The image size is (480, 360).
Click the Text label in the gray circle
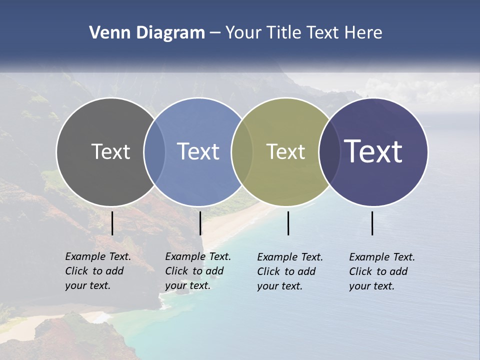[x=110, y=151]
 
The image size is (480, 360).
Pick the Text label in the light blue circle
[x=198, y=151]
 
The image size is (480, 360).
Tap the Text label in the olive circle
[x=285, y=151]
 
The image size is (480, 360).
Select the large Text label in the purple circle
[x=373, y=151]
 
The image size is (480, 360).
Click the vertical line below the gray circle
[x=112, y=223]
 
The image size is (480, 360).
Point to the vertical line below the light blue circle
[x=200, y=223]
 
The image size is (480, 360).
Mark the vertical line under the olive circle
[x=288, y=223]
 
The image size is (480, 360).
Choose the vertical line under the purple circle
[x=372, y=223]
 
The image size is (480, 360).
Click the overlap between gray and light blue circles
[x=154, y=151]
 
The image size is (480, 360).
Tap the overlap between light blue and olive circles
[x=242, y=151]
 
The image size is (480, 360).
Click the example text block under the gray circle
[x=98, y=271]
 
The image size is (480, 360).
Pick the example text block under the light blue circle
[x=198, y=271]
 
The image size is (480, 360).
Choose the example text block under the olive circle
[x=290, y=271]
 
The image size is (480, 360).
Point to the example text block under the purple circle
[x=382, y=271]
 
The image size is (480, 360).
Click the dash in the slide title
[x=214, y=33]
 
